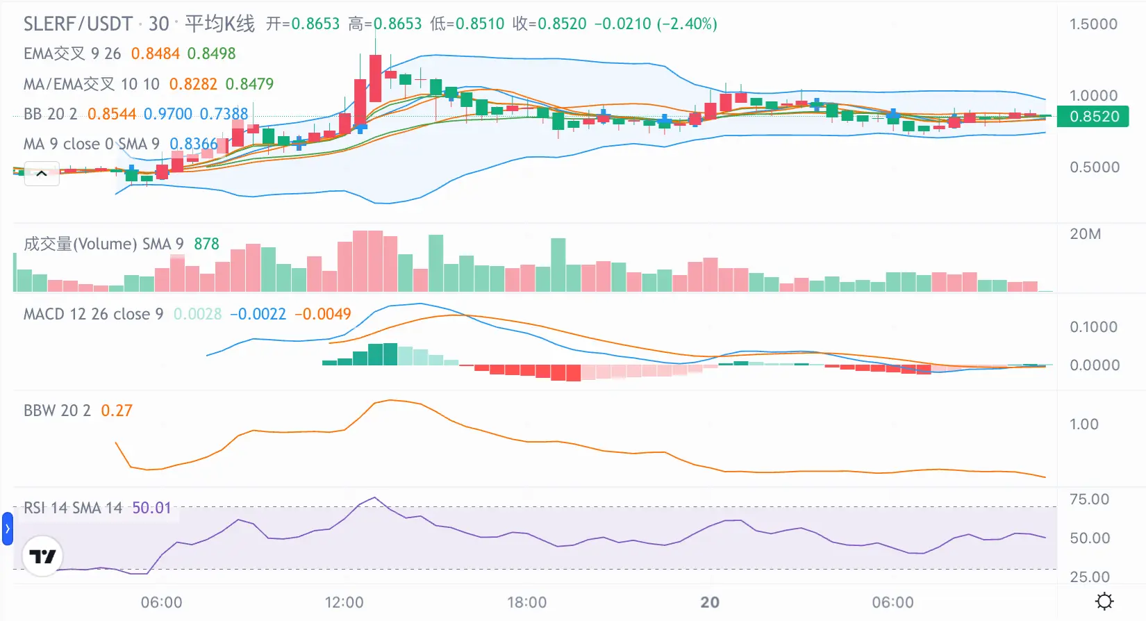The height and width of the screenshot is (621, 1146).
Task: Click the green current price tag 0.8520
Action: [1093, 116]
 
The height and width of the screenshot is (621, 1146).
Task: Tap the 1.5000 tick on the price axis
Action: [1093, 24]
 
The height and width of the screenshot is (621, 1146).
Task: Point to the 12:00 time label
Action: [344, 602]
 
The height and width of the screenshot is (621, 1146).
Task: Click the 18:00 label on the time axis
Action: [526, 602]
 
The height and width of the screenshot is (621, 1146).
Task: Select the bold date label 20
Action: [710, 602]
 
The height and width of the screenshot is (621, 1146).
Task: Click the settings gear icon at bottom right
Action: [1104, 601]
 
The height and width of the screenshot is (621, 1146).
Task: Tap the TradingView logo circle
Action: [42, 556]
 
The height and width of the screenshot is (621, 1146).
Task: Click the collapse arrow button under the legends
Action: [42, 174]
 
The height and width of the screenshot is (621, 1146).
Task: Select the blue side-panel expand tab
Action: [7, 529]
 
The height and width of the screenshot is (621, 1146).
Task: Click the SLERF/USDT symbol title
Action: [78, 24]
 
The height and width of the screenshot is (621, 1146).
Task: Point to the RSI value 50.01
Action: [151, 508]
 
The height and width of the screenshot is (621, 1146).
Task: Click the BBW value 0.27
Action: [117, 411]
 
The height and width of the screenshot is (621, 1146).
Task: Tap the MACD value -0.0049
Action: [323, 314]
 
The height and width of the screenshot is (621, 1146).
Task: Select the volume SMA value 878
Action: [206, 244]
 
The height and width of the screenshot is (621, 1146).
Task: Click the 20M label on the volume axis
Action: [1085, 234]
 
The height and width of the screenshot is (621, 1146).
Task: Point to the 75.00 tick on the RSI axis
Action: [1089, 499]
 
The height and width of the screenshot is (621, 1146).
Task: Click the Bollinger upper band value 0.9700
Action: [168, 114]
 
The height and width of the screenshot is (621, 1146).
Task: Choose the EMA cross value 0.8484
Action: [156, 53]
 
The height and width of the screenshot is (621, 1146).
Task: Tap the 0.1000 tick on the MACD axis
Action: [1093, 327]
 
